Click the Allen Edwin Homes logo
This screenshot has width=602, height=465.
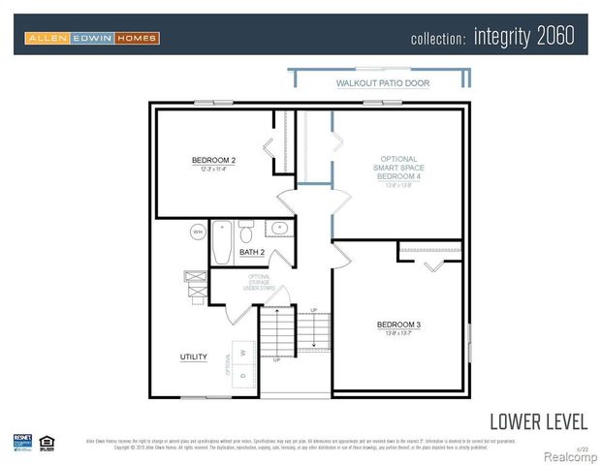pos(92,38)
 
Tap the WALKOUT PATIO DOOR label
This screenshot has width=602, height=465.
pos(382,84)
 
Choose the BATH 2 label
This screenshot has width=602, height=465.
pos(252,252)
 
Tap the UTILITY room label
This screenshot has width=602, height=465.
pos(193,356)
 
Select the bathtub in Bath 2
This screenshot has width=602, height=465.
pos(222,242)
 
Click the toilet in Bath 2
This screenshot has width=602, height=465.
pos(246,232)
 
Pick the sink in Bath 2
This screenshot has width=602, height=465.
pos(279,229)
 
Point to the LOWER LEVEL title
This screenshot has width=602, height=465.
pos(538,421)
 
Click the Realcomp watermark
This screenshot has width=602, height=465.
pos(570,456)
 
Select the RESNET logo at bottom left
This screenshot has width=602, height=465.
pos(22,442)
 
